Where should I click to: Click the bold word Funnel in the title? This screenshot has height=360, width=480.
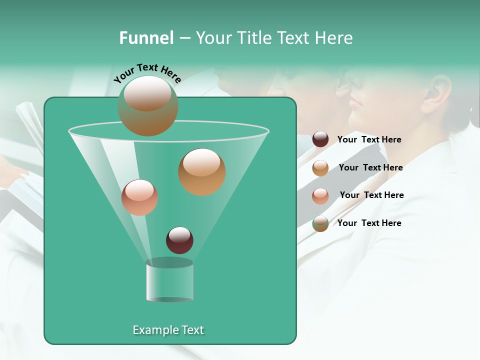pos(146,38)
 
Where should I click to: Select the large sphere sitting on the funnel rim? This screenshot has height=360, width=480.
pos(148,105)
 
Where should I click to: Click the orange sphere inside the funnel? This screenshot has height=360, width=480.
pos(201,172)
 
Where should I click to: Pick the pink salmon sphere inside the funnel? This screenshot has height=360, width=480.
pos(139,197)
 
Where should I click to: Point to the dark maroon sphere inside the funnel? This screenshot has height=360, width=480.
pos(179,240)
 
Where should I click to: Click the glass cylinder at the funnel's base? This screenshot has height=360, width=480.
pos(169,282)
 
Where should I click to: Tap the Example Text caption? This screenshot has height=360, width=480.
pos(168,330)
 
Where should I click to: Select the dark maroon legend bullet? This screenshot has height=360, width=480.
pos(320,139)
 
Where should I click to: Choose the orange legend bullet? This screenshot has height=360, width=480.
pos(320,168)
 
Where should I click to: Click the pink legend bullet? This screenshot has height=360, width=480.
pos(320,196)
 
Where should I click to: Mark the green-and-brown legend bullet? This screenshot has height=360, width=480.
pos(320,223)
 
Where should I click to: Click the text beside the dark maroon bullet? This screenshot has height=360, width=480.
pos(369,139)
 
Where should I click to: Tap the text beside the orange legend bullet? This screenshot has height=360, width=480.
pos(370,167)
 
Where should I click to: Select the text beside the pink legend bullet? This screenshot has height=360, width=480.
pos(371,195)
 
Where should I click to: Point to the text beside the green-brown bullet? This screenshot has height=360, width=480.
pos(369,223)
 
